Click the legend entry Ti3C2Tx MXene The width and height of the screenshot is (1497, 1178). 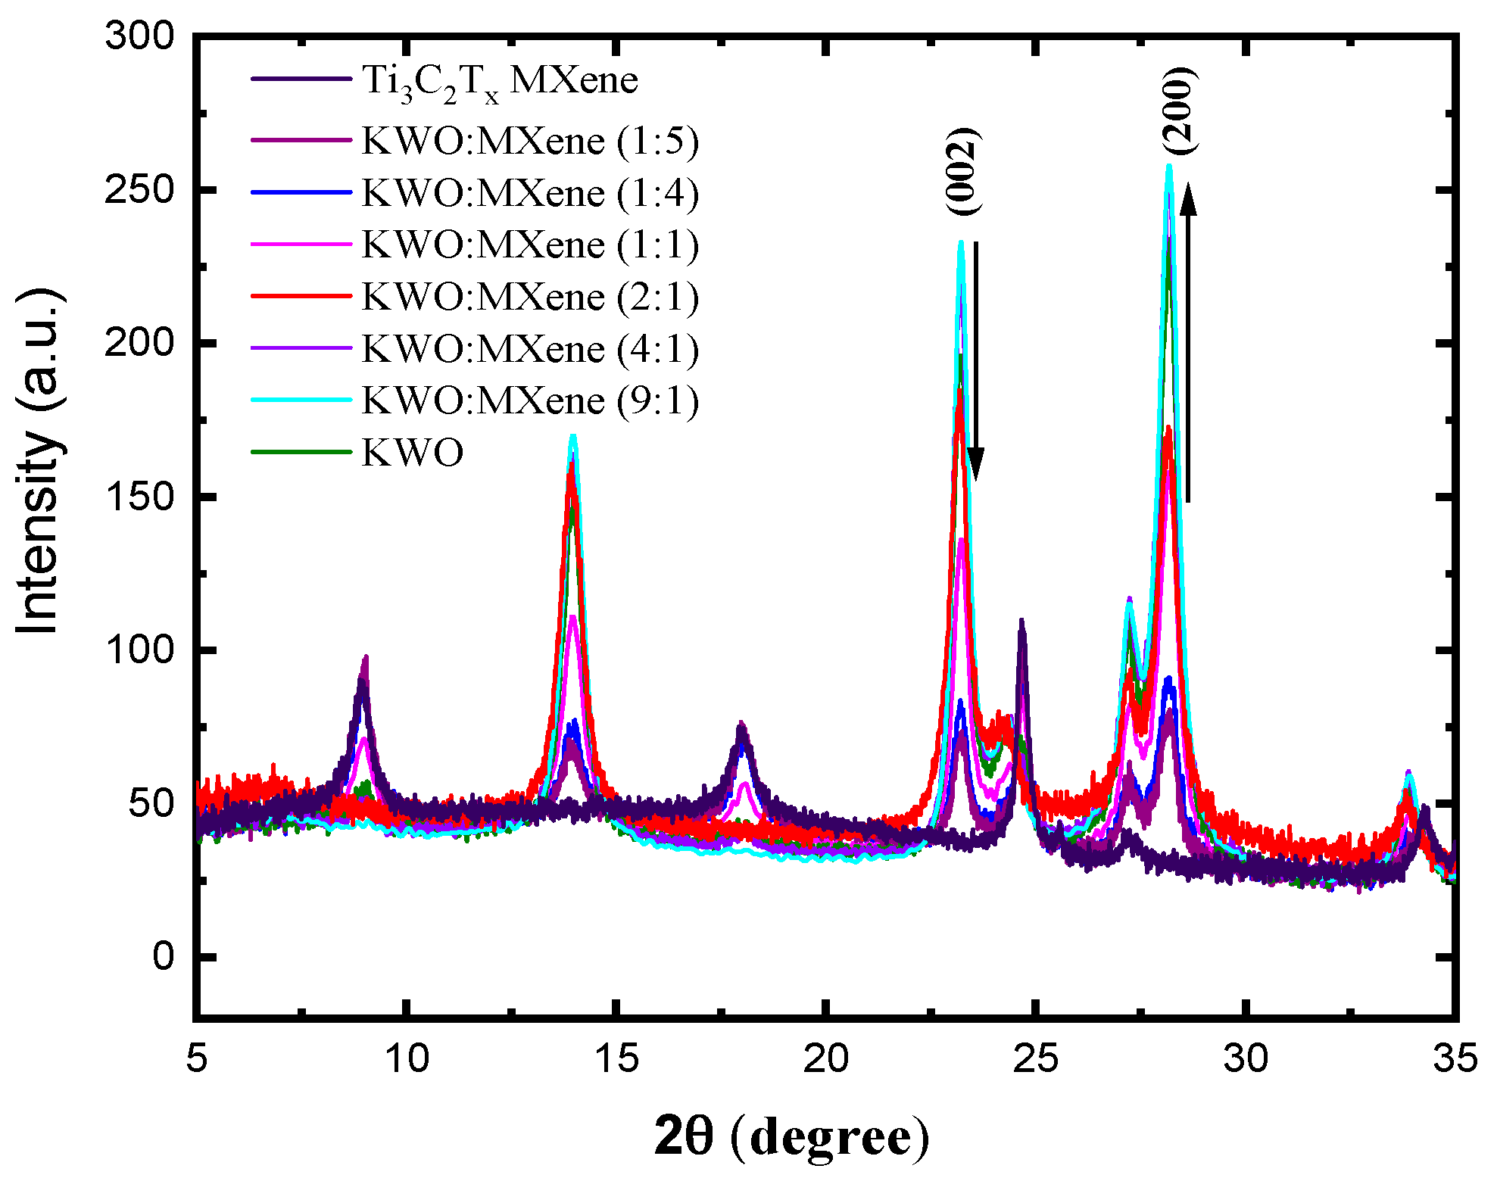500,81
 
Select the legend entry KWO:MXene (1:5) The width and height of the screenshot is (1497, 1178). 530,142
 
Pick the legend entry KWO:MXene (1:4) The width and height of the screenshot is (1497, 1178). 530,194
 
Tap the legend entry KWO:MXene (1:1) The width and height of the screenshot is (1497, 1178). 530,245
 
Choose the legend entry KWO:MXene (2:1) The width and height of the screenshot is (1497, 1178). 530,297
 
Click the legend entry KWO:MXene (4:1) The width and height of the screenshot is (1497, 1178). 530,349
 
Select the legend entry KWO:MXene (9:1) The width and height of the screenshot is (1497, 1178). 530,400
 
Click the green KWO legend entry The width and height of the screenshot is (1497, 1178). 413,453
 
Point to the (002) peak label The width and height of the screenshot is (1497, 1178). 963,171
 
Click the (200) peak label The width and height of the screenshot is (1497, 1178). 1179,111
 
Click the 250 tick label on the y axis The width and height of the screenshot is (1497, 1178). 140,189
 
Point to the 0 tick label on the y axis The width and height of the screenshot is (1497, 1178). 163,956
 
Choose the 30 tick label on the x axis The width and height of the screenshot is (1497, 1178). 1245,1058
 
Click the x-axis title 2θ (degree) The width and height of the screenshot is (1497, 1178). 791,1137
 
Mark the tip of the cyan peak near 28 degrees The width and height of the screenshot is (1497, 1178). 1169,166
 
